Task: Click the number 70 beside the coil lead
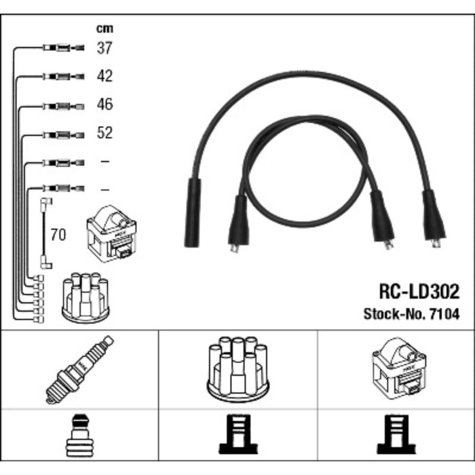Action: pos(58,235)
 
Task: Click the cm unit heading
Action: pos(104,28)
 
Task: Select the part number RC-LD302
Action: pos(418,292)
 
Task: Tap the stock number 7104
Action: pos(445,313)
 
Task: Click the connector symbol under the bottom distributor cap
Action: pos(237,436)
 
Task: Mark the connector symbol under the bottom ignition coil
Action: pos(395,436)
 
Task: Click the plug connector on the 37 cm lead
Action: pos(62,47)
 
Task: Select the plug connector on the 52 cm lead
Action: pos(62,134)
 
